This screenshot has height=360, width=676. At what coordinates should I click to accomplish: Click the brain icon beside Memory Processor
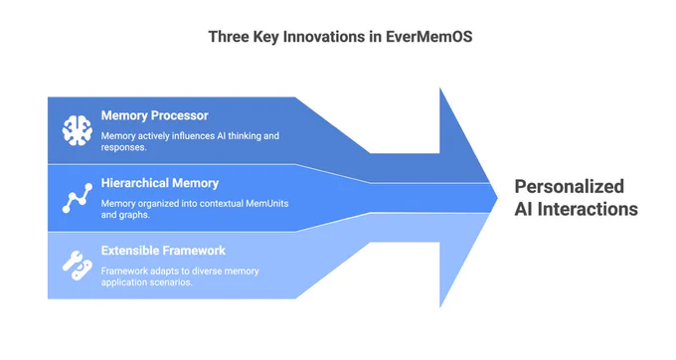click(78, 130)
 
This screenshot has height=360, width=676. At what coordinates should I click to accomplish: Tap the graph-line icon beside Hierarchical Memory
click(78, 198)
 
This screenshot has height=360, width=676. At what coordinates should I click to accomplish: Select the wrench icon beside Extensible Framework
click(78, 266)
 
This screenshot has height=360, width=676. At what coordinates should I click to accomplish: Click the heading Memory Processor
click(155, 115)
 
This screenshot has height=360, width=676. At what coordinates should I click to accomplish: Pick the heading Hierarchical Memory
click(160, 183)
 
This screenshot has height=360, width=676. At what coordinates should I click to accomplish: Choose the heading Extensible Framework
click(163, 251)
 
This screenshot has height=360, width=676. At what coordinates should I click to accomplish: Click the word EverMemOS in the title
click(429, 37)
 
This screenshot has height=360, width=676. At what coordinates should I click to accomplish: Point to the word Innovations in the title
click(325, 37)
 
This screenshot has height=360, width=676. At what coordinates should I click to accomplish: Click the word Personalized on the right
click(570, 187)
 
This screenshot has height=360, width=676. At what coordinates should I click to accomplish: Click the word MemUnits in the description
click(267, 204)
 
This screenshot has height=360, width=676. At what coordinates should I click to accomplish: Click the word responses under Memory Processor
click(124, 147)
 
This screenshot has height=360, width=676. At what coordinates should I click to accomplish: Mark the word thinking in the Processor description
click(245, 136)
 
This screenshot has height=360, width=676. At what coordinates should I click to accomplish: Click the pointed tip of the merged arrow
click(497, 198)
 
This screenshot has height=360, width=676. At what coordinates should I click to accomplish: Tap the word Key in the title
click(266, 37)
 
